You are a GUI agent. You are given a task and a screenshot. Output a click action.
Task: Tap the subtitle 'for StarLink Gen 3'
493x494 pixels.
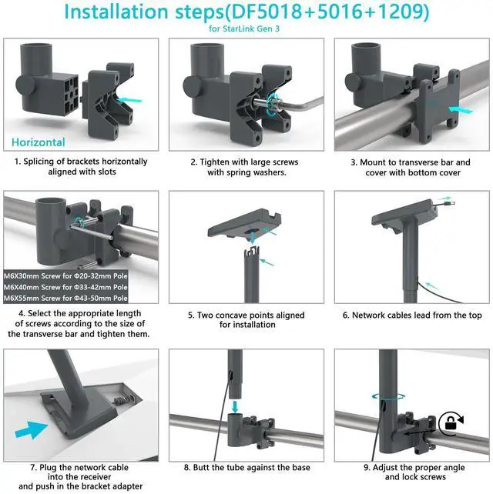[244, 28]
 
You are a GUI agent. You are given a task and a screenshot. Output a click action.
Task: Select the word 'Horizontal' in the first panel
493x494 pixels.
[39, 142]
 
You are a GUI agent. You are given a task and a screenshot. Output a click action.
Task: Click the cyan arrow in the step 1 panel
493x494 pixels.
[129, 100]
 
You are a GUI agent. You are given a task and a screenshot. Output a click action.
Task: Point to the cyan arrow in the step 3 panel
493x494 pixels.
[461, 109]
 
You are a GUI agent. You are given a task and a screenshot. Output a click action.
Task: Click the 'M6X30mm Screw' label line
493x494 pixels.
[65, 276]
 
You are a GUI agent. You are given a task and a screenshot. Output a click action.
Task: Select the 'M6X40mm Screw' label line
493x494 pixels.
[65, 287]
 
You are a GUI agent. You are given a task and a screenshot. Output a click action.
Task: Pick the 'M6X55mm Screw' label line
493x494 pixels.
[65, 298]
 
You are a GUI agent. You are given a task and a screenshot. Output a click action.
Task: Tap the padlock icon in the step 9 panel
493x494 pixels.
[451, 422]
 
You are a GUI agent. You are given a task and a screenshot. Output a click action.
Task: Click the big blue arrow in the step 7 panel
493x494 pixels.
[32, 429]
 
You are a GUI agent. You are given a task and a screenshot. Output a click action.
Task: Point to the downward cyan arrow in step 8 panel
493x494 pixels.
[235, 406]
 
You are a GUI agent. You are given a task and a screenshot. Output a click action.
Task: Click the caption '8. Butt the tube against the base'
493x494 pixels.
[247, 468]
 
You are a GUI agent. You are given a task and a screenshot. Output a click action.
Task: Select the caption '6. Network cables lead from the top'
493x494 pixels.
[412, 315]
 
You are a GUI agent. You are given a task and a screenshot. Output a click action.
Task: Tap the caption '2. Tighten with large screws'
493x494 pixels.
[244, 162]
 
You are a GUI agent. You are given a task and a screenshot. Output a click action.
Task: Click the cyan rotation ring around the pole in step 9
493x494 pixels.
[388, 396]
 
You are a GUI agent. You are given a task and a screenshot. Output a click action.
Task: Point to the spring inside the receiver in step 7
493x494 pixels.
[120, 401]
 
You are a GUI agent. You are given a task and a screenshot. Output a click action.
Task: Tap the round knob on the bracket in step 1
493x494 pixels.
[25, 85]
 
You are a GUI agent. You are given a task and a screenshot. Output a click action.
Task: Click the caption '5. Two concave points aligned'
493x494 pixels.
[246, 315]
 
